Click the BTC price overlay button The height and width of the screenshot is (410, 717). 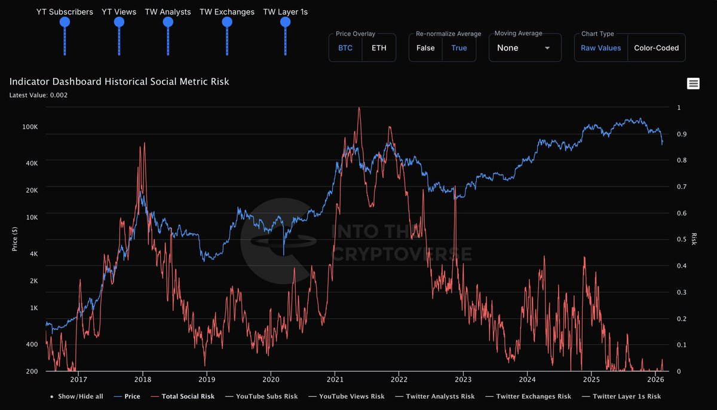(x=345, y=48)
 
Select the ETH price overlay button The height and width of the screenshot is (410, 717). (x=379, y=48)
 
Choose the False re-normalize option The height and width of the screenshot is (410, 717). (x=425, y=48)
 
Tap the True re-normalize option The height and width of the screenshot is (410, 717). (x=459, y=48)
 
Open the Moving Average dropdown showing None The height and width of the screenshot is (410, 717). (x=525, y=48)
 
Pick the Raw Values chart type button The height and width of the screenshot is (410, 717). (x=600, y=48)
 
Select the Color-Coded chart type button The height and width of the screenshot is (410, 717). (x=656, y=48)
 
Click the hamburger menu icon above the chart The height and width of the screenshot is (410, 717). (x=693, y=84)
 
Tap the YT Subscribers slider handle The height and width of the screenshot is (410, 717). (x=65, y=22)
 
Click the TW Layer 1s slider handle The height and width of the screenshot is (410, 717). (x=285, y=22)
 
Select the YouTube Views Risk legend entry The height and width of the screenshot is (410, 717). (x=351, y=396)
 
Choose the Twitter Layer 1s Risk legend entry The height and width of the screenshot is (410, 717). (x=626, y=396)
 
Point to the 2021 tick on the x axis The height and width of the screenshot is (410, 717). (x=335, y=379)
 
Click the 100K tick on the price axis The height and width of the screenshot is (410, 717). (x=30, y=127)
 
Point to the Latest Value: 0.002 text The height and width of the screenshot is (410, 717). (x=38, y=94)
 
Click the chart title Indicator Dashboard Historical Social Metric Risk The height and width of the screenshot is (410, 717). (x=119, y=82)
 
